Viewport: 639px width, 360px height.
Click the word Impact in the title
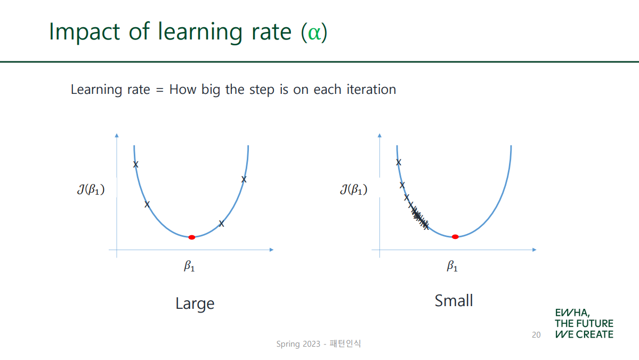pyautogui.click(x=84, y=32)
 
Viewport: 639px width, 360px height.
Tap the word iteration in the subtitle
pyautogui.click(x=371, y=89)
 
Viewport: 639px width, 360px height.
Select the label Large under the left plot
pyautogui.click(x=195, y=303)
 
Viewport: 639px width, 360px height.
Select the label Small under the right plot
pyautogui.click(x=454, y=301)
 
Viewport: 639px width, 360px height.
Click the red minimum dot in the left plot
pyautogui.click(x=191, y=237)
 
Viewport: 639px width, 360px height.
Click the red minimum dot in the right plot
pyautogui.click(x=455, y=237)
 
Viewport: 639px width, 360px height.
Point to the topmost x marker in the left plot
pyautogui.click(x=136, y=164)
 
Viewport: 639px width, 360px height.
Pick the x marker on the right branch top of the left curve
pyautogui.click(x=244, y=179)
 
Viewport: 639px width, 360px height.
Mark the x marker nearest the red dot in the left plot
pyautogui.click(x=221, y=223)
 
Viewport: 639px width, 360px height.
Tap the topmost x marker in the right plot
pyautogui.click(x=399, y=162)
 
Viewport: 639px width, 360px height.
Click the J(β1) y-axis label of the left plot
pyautogui.click(x=91, y=189)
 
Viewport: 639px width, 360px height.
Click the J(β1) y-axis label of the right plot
pyautogui.click(x=354, y=189)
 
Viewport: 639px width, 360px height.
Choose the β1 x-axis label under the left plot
pyautogui.click(x=189, y=266)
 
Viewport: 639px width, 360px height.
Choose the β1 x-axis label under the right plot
pyautogui.click(x=452, y=266)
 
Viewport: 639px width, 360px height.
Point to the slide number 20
pyautogui.click(x=536, y=335)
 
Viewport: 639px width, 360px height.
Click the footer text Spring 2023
pyautogui.click(x=298, y=344)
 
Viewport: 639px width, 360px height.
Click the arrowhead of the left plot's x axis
pyautogui.click(x=271, y=250)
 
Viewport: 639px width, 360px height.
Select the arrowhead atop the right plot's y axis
pyautogui.click(x=379, y=135)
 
